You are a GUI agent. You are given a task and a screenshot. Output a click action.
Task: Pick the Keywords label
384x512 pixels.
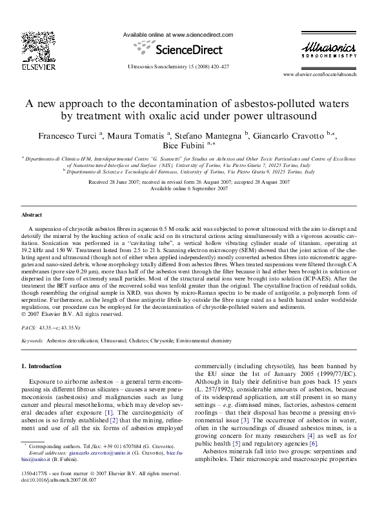pos(33,339)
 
